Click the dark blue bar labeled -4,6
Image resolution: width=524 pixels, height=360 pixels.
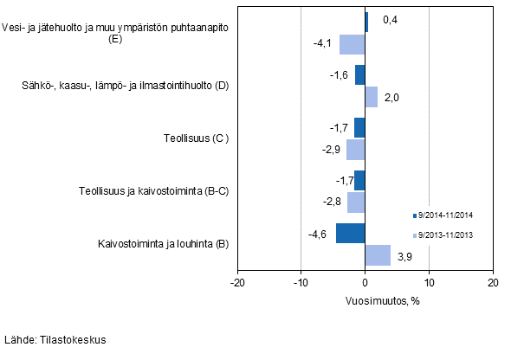[350, 234]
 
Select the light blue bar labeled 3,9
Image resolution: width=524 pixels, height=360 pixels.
[378, 255]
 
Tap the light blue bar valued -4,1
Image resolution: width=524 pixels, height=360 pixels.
[353, 44]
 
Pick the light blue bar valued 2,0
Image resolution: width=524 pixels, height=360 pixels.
[372, 97]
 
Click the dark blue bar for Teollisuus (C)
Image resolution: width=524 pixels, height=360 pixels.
[359, 128]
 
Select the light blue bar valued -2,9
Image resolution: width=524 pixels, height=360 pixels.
[356, 150]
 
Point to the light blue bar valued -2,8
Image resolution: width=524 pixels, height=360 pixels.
[356, 202]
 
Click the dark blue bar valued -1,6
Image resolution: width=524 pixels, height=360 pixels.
[360, 75]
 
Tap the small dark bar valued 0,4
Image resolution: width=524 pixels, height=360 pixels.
[366, 22]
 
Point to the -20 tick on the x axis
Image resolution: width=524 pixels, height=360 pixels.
[237, 282]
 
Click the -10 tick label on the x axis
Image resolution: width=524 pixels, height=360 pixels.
[301, 282]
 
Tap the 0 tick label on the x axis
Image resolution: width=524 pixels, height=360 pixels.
[366, 282]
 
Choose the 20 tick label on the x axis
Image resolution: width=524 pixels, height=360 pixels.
[492, 282]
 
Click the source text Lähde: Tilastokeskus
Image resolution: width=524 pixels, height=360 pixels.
[55, 340]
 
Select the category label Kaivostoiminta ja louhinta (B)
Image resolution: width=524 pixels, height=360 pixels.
[163, 245]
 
